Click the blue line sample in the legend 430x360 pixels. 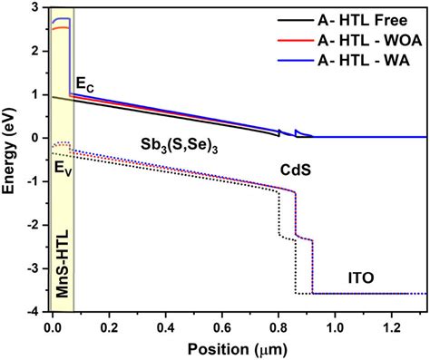pos(291,60)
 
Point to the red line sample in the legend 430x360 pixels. pos(291,40)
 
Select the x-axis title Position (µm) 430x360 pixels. pos(238,348)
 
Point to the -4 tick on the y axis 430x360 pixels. pos(35,311)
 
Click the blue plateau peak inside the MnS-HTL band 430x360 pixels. pos(62,19)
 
